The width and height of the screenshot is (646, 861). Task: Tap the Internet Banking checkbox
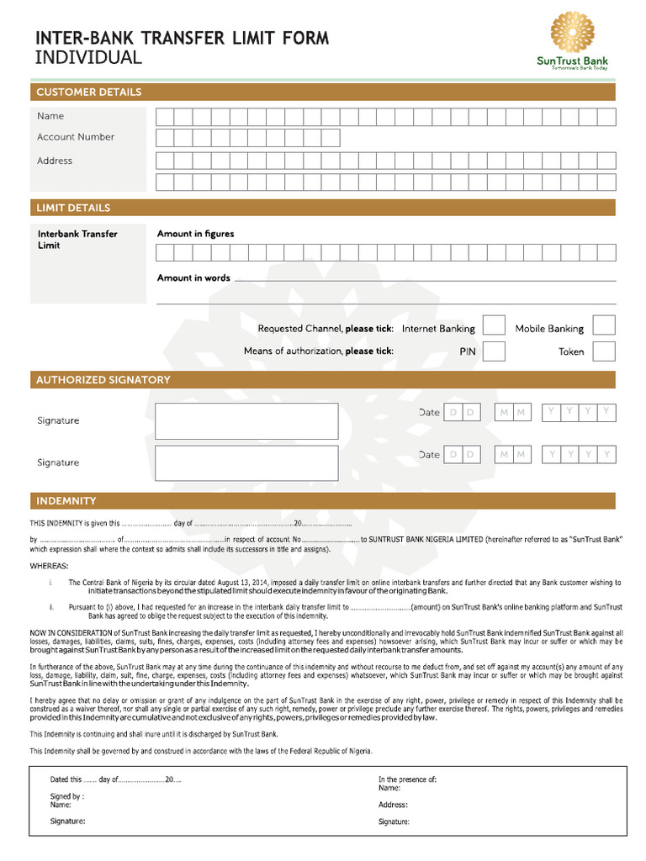click(x=494, y=326)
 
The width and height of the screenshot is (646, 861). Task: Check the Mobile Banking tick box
click(x=604, y=326)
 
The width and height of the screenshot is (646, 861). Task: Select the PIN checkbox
click(x=494, y=351)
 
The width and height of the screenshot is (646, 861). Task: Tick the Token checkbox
click(x=604, y=351)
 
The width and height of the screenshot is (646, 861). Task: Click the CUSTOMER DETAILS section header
click(x=88, y=92)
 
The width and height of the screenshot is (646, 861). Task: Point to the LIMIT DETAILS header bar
click(x=73, y=208)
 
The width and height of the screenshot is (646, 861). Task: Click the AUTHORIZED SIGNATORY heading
click(x=103, y=380)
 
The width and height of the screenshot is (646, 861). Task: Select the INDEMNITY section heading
click(x=66, y=501)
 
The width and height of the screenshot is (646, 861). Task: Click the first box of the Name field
click(x=164, y=117)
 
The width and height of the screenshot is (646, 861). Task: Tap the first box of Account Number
click(x=164, y=138)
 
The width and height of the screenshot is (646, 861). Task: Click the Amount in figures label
click(x=195, y=234)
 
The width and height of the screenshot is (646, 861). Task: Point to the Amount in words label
click(x=193, y=277)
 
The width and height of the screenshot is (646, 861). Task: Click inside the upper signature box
click(x=246, y=421)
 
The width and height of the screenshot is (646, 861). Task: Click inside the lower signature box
click(x=246, y=463)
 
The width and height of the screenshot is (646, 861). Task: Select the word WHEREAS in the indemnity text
click(x=50, y=566)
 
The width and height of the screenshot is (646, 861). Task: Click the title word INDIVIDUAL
click(x=88, y=58)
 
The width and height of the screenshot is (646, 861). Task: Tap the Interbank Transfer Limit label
click(x=77, y=240)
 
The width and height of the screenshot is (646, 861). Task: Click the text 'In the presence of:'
click(x=407, y=779)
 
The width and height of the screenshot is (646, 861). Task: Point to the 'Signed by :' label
click(x=66, y=795)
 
